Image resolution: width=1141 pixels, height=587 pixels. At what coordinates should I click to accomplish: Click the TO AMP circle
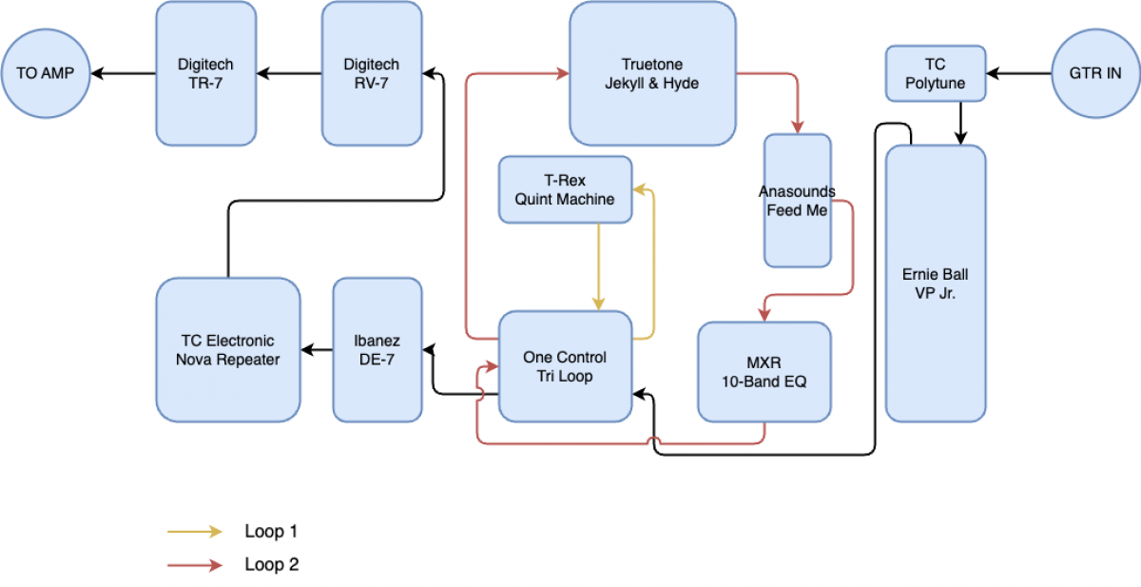point(46,73)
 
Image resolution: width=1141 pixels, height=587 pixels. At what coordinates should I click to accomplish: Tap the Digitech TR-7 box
point(205,73)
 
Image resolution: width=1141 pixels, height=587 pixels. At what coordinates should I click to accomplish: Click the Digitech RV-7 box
point(372,73)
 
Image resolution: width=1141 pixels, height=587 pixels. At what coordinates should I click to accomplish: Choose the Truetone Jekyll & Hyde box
point(652,73)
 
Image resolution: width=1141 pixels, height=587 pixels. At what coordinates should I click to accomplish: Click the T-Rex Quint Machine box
point(565,189)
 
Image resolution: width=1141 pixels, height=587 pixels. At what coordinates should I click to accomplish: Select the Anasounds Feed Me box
point(797,201)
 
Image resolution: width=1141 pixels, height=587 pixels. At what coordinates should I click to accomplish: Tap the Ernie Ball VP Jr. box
point(936,284)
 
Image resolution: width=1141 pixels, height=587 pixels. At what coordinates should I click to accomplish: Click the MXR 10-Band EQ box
point(764,372)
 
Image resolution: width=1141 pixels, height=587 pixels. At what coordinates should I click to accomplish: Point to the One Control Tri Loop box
point(565,366)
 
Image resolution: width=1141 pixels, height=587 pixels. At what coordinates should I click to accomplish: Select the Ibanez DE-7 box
point(377,350)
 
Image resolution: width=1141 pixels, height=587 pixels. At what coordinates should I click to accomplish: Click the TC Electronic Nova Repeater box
point(228,350)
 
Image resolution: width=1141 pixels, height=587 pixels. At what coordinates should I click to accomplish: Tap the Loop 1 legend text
point(272,531)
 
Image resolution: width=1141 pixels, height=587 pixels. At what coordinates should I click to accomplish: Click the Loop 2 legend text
point(272,564)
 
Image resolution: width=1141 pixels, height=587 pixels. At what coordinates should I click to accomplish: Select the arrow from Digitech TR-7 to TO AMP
point(124,73)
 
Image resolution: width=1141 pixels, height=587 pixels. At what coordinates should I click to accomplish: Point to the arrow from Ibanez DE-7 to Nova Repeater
point(317,350)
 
